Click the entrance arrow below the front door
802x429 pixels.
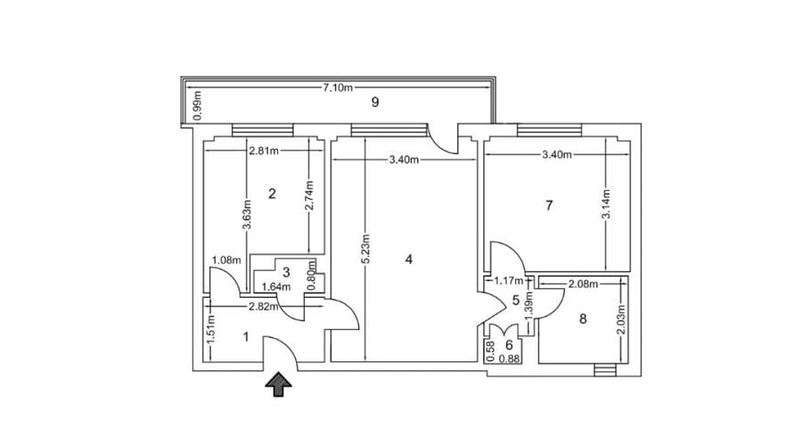(x=280, y=384)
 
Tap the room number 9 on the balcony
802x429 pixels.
(x=375, y=102)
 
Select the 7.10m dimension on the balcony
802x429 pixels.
(x=338, y=87)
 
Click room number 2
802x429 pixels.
(x=273, y=193)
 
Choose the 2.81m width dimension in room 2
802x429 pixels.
(x=264, y=151)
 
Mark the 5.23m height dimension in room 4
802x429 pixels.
(x=365, y=259)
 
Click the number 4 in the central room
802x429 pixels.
(x=408, y=260)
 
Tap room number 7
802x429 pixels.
(x=549, y=205)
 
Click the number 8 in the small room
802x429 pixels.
(x=584, y=319)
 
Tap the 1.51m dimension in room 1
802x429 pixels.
(x=210, y=332)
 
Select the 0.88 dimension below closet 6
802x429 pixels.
(x=510, y=359)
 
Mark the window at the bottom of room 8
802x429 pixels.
(x=605, y=368)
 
